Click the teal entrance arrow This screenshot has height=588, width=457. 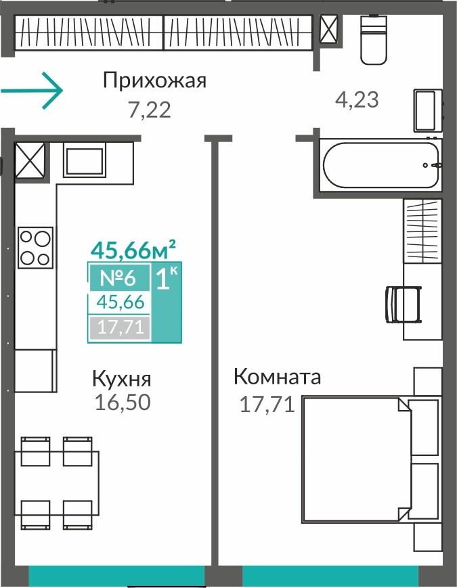click(32, 91)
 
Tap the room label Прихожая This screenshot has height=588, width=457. click(154, 81)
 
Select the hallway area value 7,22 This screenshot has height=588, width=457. click(150, 110)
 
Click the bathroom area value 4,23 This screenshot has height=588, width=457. click(356, 99)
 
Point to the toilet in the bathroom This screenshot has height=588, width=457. click(373, 39)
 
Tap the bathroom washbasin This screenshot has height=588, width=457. click(428, 110)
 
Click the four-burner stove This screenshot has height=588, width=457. click(35, 248)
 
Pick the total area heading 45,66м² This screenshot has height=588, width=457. click(133, 250)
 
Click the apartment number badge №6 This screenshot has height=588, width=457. click(118, 278)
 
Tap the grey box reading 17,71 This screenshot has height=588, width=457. click(120, 327)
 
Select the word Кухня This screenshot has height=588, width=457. click(122, 379)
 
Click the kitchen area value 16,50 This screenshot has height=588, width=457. click(123, 402)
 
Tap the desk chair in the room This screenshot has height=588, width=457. click(404, 304)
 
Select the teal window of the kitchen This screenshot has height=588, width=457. click(116, 576)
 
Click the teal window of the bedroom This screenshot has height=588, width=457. click(330, 576)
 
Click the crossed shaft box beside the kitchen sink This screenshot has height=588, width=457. click(30, 160)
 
